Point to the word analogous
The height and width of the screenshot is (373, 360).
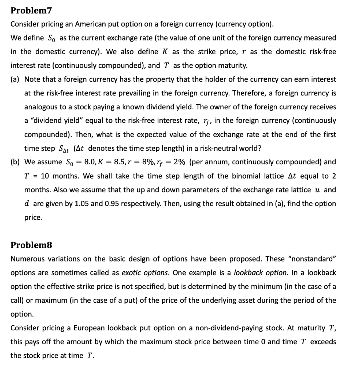click(40, 107)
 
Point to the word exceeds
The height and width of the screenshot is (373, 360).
click(324, 342)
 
